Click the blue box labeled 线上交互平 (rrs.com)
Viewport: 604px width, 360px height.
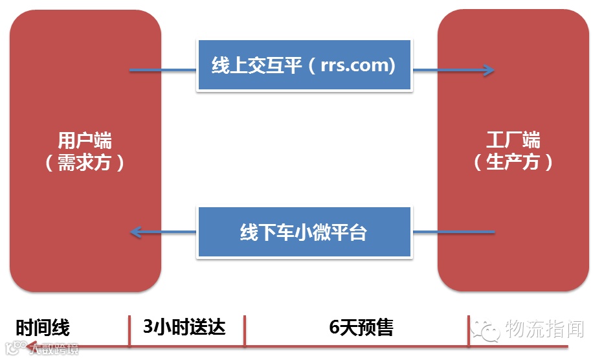click(x=304, y=65)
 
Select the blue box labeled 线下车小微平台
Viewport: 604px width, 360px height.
click(x=304, y=232)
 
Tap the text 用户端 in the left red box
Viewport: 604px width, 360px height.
click(x=85, y=141)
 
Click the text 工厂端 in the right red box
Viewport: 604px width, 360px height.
click(x=513, y=141)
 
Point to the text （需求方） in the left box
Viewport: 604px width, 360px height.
click(x=85, y=162)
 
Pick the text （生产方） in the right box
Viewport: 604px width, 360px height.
click(x=513, y=162)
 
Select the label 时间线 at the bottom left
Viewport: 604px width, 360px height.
click(x=43, y=327)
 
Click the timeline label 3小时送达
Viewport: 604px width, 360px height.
click(x=185, y=326)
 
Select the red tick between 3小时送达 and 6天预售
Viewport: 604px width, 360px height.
click(x=245, y=332)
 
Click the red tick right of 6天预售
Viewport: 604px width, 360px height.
click(x=469, y=332)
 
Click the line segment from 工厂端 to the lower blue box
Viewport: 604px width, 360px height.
click(x=453, y=231)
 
